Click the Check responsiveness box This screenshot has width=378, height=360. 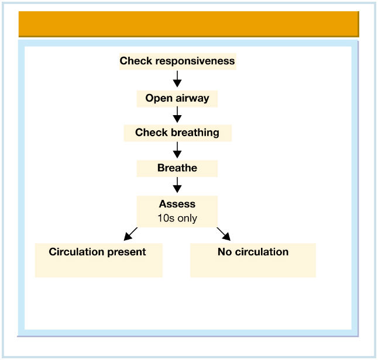178,61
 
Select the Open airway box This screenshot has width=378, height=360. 177,99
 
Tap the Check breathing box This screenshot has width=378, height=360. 178,133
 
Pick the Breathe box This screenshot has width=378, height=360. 177,168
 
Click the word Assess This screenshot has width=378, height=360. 177,204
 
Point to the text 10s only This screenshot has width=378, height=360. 177,218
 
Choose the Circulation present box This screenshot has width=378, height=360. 99,260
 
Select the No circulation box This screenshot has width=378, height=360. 253,260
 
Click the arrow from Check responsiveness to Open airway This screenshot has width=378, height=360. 177,79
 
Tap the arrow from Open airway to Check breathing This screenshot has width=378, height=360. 177,115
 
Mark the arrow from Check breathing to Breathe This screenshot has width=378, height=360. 177,150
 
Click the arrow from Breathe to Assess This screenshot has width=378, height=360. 177,185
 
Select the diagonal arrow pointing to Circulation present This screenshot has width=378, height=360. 130,234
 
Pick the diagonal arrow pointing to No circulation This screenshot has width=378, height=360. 224,234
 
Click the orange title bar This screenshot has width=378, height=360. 189,24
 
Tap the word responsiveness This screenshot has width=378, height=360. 195,61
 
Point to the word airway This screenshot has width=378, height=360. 193,98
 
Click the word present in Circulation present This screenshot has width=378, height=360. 126,252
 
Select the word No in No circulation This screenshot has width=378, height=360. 225,252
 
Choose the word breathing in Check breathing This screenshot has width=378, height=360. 195,133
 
